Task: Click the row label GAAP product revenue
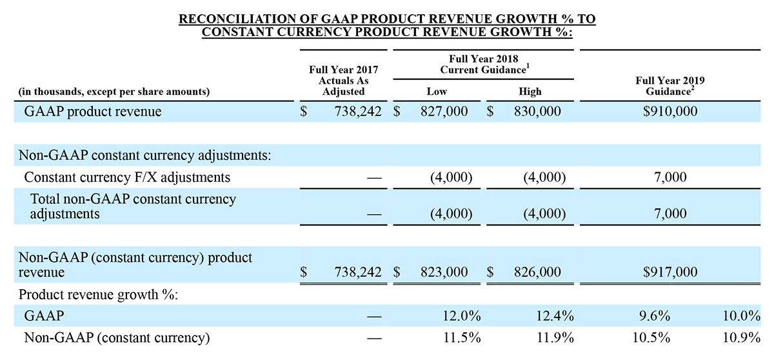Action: (x=92, y=112)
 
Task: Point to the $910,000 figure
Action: (x=670, y=112)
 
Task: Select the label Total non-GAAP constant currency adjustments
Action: (x=133, y=206)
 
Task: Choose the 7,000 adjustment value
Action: (x=671, y=213)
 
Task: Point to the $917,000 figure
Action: (x=670, y=273)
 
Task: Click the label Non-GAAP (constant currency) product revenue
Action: (x=135, y=265)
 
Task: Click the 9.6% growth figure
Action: (x=654, y=316)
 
